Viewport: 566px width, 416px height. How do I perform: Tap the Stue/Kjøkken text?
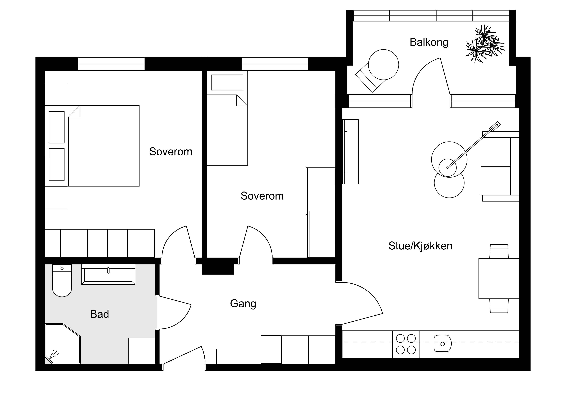tap(420, 246)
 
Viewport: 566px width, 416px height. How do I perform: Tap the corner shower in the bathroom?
tap(63, 343)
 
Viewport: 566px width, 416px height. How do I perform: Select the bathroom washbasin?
tap(108, 275)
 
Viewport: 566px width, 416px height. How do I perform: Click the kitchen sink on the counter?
tap(443, 343)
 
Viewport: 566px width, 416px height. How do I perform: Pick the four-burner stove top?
tap(406, 344)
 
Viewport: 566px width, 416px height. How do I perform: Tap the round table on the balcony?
tap(383, 65)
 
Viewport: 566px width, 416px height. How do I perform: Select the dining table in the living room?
tap(499, 279)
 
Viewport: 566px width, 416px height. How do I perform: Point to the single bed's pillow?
tap(227, 82)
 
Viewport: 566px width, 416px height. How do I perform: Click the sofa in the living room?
tap(500, 166)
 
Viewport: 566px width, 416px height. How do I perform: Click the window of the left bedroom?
tap(111, 64)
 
